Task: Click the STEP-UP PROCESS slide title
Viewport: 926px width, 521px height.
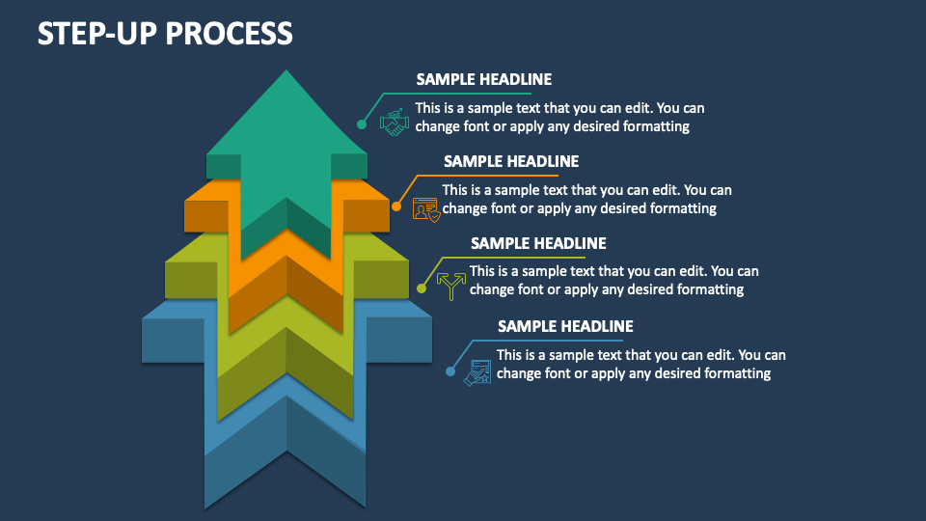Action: click(x=165, y=33)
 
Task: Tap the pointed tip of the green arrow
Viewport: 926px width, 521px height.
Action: click(x=286, y=70)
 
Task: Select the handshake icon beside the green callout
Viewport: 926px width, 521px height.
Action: click(x=394, y=123)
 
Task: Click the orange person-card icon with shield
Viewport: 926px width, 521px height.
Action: click(x=425, y=209)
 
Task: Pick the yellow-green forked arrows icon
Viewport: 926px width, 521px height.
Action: click(x=451, y=286)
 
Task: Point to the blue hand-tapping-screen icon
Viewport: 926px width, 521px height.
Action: click(x=477, y=372)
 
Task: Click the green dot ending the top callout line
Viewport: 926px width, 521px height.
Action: click(x=362, y=124)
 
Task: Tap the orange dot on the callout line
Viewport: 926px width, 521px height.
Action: click(x=396, y=206)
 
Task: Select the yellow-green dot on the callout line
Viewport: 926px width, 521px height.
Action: click(x=422, y=288)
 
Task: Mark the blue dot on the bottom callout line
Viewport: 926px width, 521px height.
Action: click(x=450, y=371)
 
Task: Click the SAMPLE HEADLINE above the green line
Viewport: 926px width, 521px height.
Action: click(x=483, y=79)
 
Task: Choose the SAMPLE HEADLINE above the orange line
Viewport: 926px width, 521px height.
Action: click(x=511, y=161)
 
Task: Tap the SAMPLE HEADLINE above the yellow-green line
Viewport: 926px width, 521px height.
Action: click(x=538, y=243)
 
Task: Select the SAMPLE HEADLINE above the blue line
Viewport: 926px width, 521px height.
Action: click(x=565, y=326)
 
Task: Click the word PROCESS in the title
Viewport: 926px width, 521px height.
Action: click(x=230, y=33)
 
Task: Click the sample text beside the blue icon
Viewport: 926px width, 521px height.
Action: click(x=640, y=364)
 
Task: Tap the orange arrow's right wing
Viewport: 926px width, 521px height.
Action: click(x=367, y=206)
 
